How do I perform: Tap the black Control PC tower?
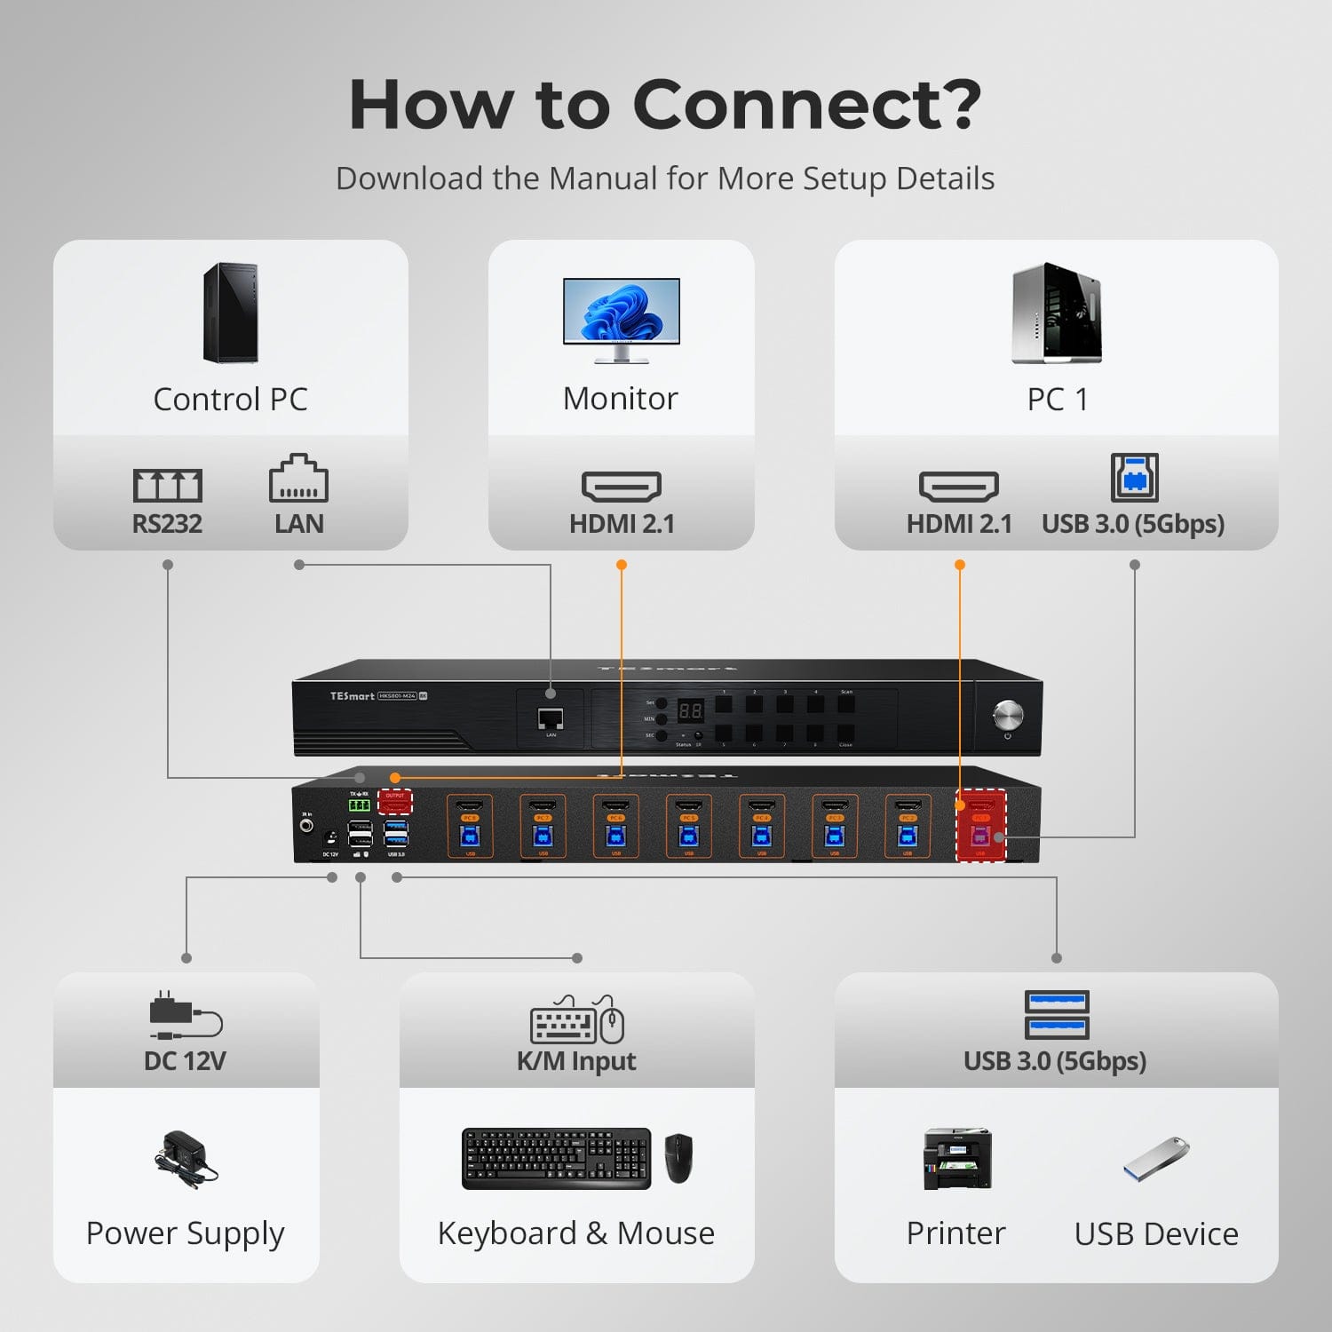coord(230,313)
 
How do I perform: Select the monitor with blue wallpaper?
coord(621,318)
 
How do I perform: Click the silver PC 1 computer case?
coord(1056,313)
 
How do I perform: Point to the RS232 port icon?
coord(168,485)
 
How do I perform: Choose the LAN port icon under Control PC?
coord(298,480)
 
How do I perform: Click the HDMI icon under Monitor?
coord(621,486)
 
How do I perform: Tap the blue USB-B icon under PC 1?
coord(1134,478)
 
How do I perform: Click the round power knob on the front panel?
coord(1008,713)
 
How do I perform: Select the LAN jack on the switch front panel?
coord(551,718)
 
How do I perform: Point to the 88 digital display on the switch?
coord(691,710)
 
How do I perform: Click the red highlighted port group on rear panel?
coord(980,825)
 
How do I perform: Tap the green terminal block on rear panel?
coord(359,805)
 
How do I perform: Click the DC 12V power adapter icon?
coord(185,1015)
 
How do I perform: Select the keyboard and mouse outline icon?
coord(576,1019)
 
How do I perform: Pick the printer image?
coord(957,1159)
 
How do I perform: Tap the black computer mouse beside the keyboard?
coord(678,1158)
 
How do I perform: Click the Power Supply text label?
coord(185,1233)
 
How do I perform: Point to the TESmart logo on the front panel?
coord(352,695)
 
